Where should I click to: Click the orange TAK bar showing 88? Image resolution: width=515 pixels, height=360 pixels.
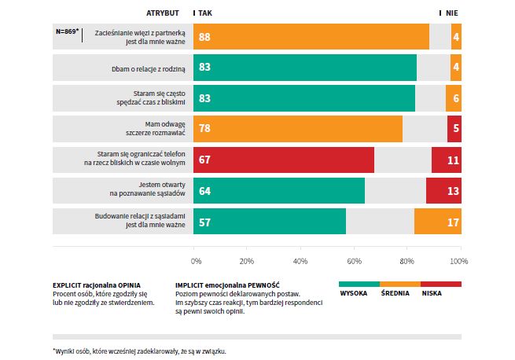coord(311,38)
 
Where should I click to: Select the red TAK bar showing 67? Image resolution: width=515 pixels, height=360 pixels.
coord(284,160)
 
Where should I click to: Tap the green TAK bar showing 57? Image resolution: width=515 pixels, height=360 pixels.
coord(270,222)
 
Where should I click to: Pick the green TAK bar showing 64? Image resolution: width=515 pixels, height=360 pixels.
coord(279,191)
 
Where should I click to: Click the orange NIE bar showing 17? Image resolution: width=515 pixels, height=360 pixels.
coord(438,222)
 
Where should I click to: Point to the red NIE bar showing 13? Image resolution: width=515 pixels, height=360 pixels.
coord(443,191)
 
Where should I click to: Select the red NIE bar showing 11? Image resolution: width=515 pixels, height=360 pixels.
coord(447,160)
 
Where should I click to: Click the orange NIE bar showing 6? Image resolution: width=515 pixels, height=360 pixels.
coord(454,99)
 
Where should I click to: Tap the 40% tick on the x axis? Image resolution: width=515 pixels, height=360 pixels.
coord(300,260)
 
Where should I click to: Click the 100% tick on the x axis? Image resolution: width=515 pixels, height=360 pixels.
coord(459,260)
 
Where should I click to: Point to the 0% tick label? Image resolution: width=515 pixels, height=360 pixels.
coord(197,260)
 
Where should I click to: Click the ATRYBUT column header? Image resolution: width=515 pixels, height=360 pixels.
coord(163,13)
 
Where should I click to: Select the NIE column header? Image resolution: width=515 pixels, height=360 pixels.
coord(452,13)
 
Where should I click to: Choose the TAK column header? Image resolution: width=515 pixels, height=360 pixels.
coord(205,13)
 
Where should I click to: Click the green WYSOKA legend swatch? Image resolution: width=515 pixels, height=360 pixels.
coord(359,283)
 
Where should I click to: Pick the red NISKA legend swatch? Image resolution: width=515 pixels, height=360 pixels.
coord(441,283)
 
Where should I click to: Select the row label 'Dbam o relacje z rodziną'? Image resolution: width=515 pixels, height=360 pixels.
coord(149,69)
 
